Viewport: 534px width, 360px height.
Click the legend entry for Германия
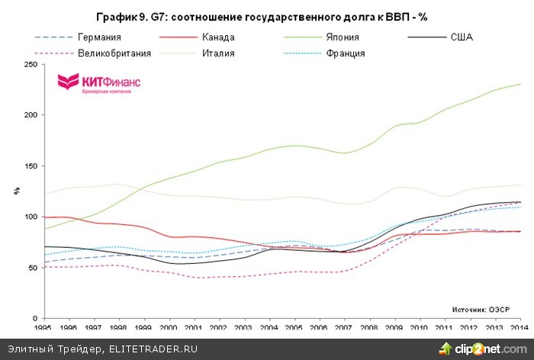tap(100, 37)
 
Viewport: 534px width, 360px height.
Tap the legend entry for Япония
tap(343, 37)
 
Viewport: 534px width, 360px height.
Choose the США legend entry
tap(462, 37)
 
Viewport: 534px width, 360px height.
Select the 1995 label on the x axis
tap(45, 327)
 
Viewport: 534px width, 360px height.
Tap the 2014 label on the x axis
tap(518, 327)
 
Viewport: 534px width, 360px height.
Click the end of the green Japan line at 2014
tap(518, 84)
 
